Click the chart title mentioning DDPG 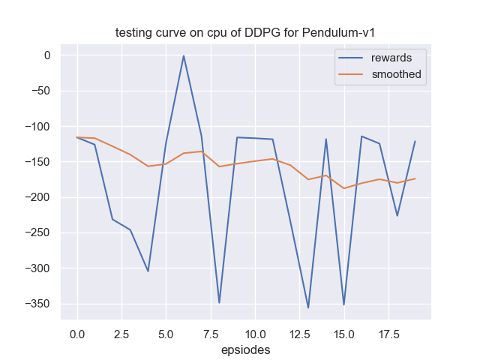[x=246, y=32]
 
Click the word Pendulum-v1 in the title [x=346, y=32]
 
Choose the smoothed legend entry [x=396, y=74]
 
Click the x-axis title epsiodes [x=246, y=349]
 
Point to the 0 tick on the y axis [x=46, y=55]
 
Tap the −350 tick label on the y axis [x=36, y=304]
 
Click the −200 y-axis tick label [x=36, y=197]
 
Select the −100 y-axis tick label [x=36, y=126]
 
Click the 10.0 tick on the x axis [x=255, y=331]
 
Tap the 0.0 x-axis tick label [x=76, y=331]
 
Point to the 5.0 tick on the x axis [x=166, y=331]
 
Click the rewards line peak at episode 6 [x=184, y=55]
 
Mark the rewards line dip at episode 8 [x=219, y=302]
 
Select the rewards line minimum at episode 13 [x=308, y=307]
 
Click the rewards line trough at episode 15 [x=343, y=304]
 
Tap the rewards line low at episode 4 [x=148, y=271]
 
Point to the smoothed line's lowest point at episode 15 [x=343, y=188]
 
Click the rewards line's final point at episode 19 [x=415, y=141]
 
